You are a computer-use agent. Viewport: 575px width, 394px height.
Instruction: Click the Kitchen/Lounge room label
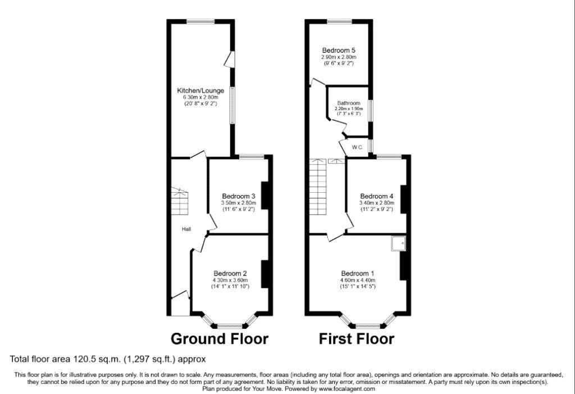[200, 90]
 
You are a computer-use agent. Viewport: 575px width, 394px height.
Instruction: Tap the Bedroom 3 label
[239, 196]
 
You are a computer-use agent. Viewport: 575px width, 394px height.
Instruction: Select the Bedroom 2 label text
[230, 273]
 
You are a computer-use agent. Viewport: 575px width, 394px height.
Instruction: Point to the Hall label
[186, 229]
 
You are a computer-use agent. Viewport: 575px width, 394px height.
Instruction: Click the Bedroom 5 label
[339, 51]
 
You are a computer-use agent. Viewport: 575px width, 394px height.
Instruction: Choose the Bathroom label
[349, 103]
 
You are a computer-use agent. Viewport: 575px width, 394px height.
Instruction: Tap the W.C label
[357, 147]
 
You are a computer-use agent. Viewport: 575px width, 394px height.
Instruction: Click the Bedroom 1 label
[358, 273]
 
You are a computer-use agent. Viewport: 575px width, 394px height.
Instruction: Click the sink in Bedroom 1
[398, 243]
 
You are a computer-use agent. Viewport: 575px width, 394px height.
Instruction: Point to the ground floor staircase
[180, 201]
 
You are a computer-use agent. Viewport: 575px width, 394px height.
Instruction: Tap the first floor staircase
[318, 187]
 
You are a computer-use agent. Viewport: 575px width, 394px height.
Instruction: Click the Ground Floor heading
[220, 338]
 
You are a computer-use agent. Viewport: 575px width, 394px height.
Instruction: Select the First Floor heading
[357, 338]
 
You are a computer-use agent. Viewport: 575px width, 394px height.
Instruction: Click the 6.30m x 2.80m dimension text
[200, 97]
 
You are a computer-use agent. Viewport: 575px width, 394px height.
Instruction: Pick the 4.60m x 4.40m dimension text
[358, 280]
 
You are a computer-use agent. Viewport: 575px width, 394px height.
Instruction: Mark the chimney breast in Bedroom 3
[265, 196]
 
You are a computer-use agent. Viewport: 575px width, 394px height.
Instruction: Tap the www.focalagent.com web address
[347, 388]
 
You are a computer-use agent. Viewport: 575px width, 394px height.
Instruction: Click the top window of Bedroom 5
[340, 21]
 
